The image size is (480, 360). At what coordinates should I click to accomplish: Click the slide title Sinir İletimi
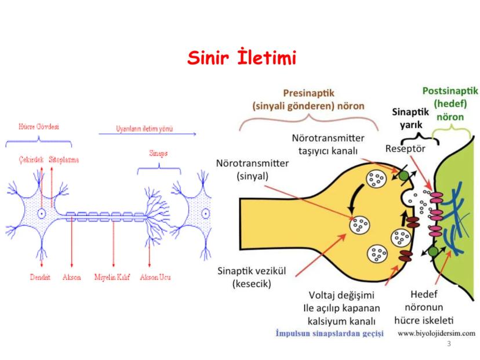[x=242, y=58]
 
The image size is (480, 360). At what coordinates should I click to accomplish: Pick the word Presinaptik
[x=308, y=93]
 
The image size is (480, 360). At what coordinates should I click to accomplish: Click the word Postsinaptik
[x=450, y=91]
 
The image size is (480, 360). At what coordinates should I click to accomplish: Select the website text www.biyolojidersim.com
[x=437, y=333]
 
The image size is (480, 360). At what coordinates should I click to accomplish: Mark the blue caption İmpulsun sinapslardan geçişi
[x=329, y=334]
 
